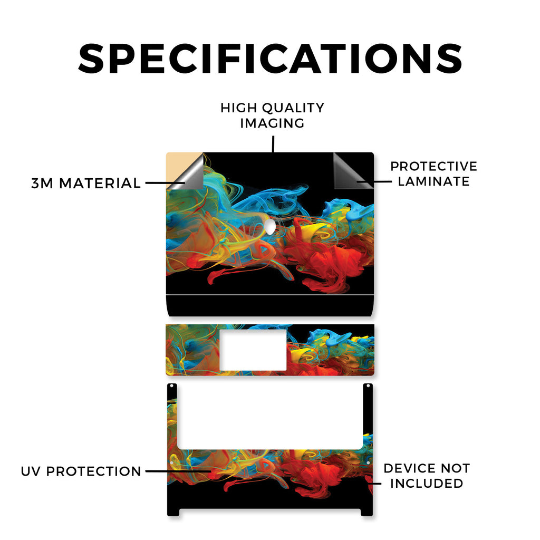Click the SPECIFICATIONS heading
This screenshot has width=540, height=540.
click(x=270, y=59)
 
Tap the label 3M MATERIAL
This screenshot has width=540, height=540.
click(x=86, y=183)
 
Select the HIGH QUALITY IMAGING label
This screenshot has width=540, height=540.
click(x=273, y=115)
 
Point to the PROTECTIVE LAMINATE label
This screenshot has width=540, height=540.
click(x=433, y=173)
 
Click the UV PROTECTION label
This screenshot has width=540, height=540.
click(x=81, y=471)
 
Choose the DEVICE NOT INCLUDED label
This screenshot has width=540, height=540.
click(x=427, y=476)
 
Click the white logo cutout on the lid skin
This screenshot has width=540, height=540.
click(x=271, y=227)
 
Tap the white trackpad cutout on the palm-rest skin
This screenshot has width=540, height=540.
click(x=253, y=350)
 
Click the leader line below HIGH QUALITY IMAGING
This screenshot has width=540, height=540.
click(x=273, y=144)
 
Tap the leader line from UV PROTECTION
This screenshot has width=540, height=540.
click(x=178, y=471)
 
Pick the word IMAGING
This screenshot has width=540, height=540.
click(x=273, y=123)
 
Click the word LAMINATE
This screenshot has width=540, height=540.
click(x=433, y=181)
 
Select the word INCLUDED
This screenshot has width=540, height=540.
click(x=427, y=483)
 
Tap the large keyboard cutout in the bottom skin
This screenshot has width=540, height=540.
click(x=270, y=416)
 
